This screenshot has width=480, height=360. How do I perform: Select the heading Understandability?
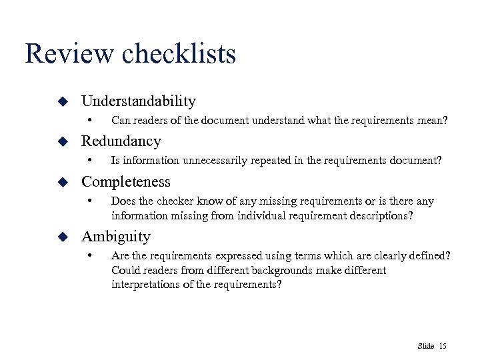[139, 101]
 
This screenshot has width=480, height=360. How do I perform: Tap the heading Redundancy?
[121, 141]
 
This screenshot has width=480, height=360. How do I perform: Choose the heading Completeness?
[126, 182]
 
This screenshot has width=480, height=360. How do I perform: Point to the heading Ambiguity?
[116, 237]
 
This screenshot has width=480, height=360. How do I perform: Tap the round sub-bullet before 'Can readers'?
[89, 121]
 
